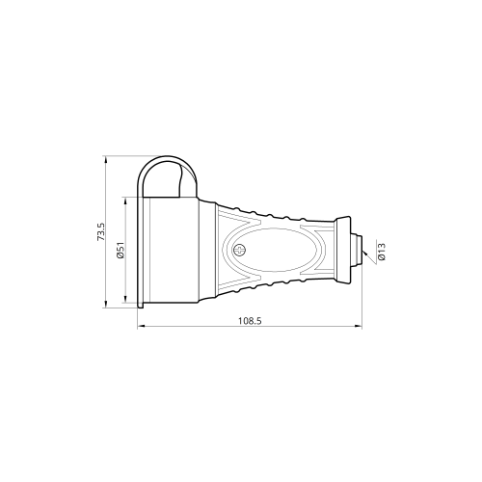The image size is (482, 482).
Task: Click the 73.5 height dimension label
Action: pyautogui.click(x=101, y=232)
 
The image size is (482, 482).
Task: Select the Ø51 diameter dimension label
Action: pyautogui.click(x=120, y=251)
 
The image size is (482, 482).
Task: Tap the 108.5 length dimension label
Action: pyautogui.click(x=250, y=321)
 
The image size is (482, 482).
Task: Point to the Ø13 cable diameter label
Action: pyautogui.click(x=382, y=252)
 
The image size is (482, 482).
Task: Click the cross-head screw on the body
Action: pyautogui.click(x=239, y=250)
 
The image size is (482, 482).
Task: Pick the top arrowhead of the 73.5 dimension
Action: pyautogui.click(x=106, y=159)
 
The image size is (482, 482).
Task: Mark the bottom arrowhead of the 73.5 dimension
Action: pyautogui.click(x=106, y=305)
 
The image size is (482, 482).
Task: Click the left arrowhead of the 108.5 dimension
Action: pyautogui.click(x=141, y=326)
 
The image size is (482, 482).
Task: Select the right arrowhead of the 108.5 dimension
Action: pyautogui.click(x=359, y=326)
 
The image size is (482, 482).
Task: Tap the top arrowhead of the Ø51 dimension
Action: pyautogui.click(x=125, y=201)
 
